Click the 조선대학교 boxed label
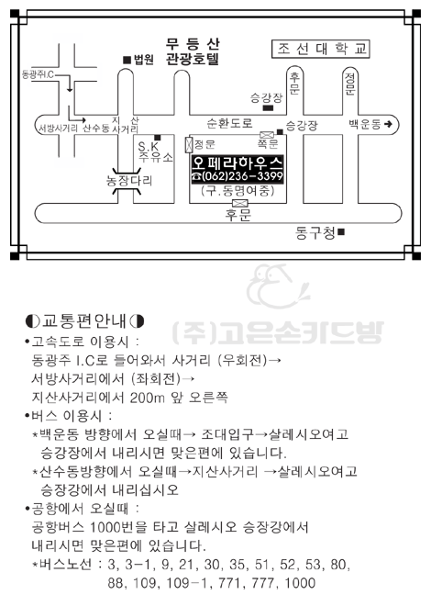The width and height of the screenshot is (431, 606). tap(321, 49)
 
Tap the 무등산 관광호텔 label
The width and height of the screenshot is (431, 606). tap(193, 51)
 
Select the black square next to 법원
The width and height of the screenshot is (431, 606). tap(127, 60)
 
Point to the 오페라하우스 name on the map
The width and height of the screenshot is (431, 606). tap(238, 163)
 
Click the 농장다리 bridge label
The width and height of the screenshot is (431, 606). tap(129, 181)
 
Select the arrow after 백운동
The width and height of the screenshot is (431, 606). tap(388, 124)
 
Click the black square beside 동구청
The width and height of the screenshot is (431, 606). tap(341, 232)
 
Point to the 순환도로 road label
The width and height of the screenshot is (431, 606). tap(229, 123)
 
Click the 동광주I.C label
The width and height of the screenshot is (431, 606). tap(38, 74)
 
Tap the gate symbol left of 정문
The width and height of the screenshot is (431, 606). tap(189, 144)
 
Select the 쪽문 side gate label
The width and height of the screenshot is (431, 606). tap(268, 144)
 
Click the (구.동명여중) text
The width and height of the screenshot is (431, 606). tap(238, 191)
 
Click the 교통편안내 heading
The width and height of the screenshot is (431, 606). tap(84, 320)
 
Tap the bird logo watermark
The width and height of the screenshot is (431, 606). tap(277, 286)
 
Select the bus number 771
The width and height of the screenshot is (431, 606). tap(231, 583)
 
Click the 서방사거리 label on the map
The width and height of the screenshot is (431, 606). tap(58, 129)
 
